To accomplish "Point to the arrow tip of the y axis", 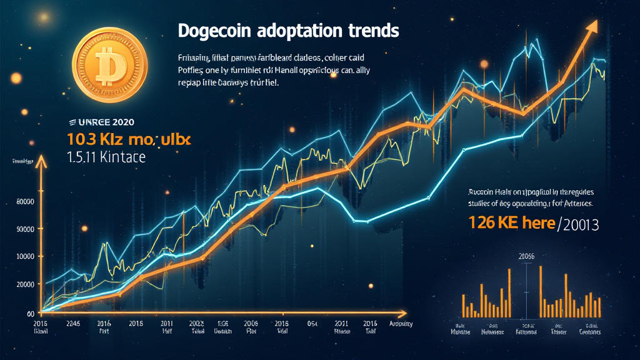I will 42,162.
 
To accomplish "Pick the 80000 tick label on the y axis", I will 24,201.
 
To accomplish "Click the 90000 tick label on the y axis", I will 24,229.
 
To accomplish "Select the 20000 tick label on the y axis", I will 24,284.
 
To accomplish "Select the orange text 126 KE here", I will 511,223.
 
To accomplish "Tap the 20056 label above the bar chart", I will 526,256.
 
